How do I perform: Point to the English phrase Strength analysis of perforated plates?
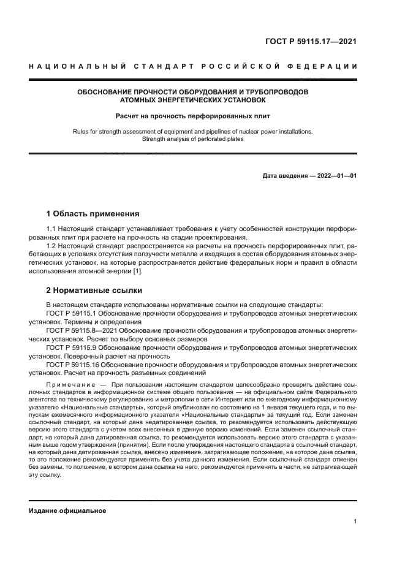tap(193, 139)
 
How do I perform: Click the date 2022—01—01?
tap(335, 176)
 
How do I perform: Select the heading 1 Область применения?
tap(93, 214)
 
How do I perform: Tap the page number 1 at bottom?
tap(355, 522)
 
